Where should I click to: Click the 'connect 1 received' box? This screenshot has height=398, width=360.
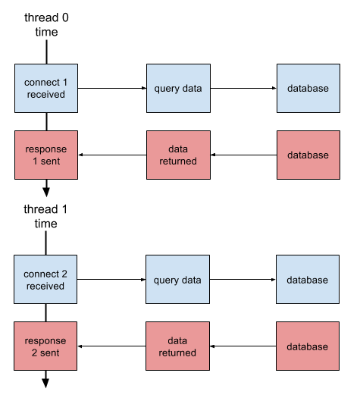coord(47,89)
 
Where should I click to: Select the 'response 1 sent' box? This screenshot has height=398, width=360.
coord(47,155)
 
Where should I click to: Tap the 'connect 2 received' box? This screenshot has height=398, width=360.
coord(47,280)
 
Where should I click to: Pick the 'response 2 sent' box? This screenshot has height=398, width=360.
coord(47,346)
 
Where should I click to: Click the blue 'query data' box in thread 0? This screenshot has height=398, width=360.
coord(177,89)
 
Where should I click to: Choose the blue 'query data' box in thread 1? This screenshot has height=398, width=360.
coord(177,280)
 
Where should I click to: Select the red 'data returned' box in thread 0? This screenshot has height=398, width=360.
coord(178,155)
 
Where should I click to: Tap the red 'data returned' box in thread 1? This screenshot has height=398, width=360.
coord(178,346)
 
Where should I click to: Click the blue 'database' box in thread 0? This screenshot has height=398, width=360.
coord(308,89)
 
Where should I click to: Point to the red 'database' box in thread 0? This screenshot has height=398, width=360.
coord(308,155)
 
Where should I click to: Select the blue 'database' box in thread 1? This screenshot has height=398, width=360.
coord(308,280)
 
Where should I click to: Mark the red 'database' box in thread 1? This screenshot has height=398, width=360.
coord(308,346)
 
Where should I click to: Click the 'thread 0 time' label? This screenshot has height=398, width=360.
coord(47,24)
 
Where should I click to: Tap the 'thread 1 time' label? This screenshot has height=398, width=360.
coord(47,215)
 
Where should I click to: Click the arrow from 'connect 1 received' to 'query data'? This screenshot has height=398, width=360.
coord(112,89)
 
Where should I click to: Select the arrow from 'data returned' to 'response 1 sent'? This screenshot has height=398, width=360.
coord(112,156)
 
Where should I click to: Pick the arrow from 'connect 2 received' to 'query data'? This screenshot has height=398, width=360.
coord(112,280)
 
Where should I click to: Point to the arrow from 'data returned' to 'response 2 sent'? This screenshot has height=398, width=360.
coord(112,347)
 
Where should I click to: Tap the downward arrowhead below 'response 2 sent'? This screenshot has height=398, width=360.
coord(47,382)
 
